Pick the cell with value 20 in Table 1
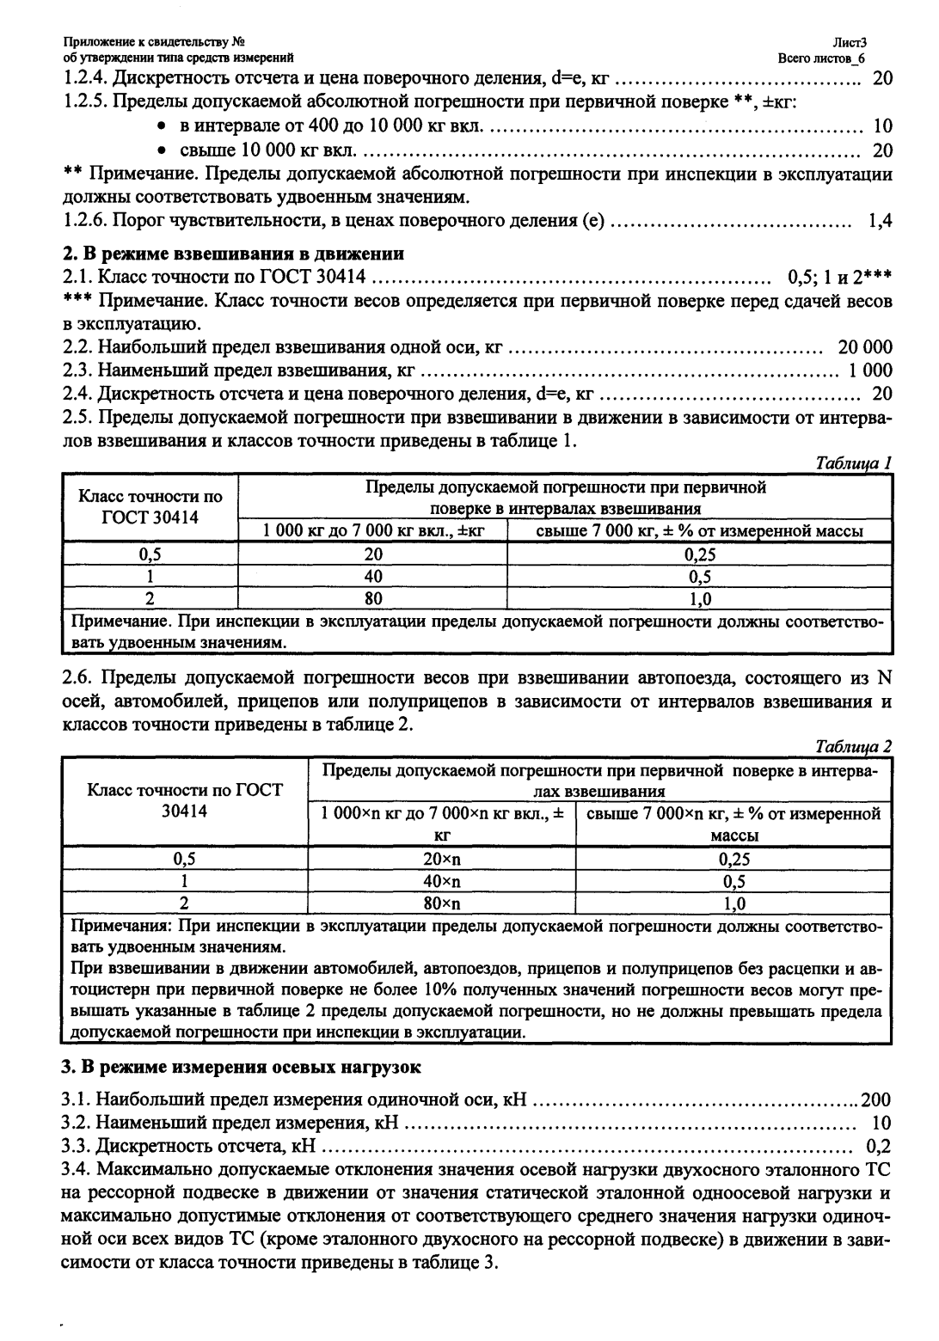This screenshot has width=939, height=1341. [x=372, y=554]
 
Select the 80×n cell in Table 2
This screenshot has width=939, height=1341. [x=441, y=903]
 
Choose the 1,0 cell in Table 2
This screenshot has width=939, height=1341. [x=733, y=903]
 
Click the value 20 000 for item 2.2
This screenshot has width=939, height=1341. [x=864, y=348]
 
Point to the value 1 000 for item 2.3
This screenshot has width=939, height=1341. [x=870, y=371]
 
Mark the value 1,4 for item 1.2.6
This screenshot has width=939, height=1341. [x=880, y=221]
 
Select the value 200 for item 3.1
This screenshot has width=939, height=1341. [x=877, y=1099]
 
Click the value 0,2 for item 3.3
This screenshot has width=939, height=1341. [x=879, y=1146]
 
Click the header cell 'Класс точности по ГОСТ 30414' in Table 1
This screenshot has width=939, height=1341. [x=150, y=508]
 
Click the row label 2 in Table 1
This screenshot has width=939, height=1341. [x=150, y=598]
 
